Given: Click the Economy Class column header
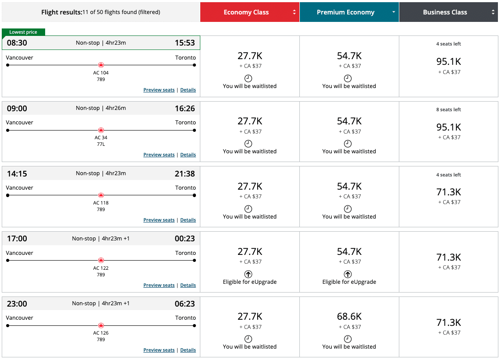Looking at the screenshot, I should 246,12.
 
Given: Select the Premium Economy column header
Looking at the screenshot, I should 345,12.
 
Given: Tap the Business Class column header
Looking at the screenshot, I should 445,12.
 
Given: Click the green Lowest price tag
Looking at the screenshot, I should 23,32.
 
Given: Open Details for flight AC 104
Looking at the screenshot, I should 188,90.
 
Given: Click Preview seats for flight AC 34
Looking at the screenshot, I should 159,155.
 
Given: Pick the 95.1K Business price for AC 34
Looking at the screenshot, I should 449,127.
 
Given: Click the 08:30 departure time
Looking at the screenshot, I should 17,43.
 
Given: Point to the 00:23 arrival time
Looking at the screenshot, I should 185,239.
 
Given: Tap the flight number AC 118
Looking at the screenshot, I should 101,203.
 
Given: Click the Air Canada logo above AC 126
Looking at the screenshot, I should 101,325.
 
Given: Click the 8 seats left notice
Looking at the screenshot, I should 448,109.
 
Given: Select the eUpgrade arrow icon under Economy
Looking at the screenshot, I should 248,274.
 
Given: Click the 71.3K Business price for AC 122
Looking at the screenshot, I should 449,257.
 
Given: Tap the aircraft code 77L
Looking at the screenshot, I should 101,144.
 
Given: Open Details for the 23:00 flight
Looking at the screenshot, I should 188,350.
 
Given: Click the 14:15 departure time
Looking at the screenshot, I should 17,173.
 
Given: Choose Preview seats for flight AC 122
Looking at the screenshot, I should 159,285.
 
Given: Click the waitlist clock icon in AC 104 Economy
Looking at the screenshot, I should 248,78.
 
